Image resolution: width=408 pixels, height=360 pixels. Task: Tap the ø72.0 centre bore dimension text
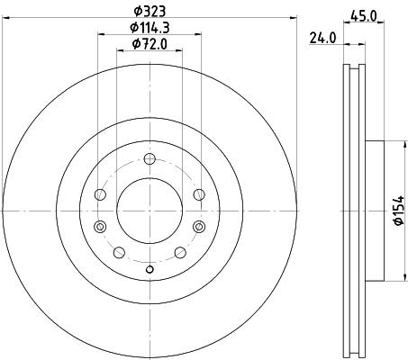(150, 44)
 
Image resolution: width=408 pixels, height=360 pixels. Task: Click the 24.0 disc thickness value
(322, 39)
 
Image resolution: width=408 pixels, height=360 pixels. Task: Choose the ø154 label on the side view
(397, 211)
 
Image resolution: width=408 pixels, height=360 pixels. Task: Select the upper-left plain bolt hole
(99, 194)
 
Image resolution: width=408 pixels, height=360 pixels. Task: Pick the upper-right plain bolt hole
(199, 194)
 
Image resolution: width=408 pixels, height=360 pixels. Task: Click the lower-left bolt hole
(118, 252)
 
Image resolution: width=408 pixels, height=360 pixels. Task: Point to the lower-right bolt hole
(180, 252)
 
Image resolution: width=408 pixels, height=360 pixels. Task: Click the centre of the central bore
(150, 209)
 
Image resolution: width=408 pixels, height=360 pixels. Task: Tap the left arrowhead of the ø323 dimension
(6, 20)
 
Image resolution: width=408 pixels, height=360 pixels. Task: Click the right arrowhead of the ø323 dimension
(293, 20)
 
